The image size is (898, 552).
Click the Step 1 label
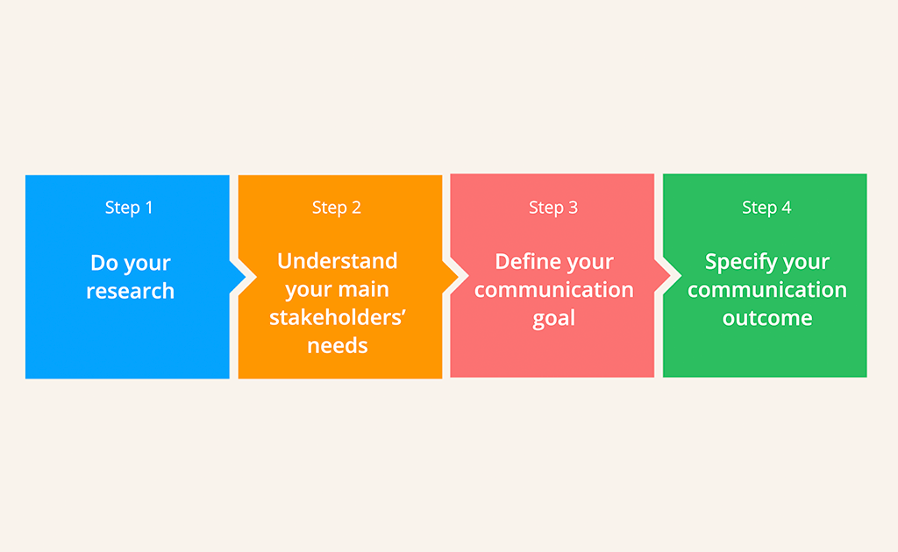click(129, 208)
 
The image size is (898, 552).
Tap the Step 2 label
click(337, 208)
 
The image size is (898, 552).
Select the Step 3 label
click(553, 208)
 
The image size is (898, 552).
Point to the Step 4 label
click(766, 208)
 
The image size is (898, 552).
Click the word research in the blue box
click(130, 291)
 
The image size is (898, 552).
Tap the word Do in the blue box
click(103, 263)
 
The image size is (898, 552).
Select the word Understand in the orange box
click(337, 261)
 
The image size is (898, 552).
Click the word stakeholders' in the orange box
click(337, 317)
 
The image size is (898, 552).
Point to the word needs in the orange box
click(337, 345)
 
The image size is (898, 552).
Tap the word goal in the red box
click(553, 318)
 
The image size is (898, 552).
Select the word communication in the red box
click(553, 290)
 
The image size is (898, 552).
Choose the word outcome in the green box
click(766, 318)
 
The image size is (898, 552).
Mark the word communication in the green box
click(766, 290)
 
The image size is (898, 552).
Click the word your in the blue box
click(147, 263)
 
